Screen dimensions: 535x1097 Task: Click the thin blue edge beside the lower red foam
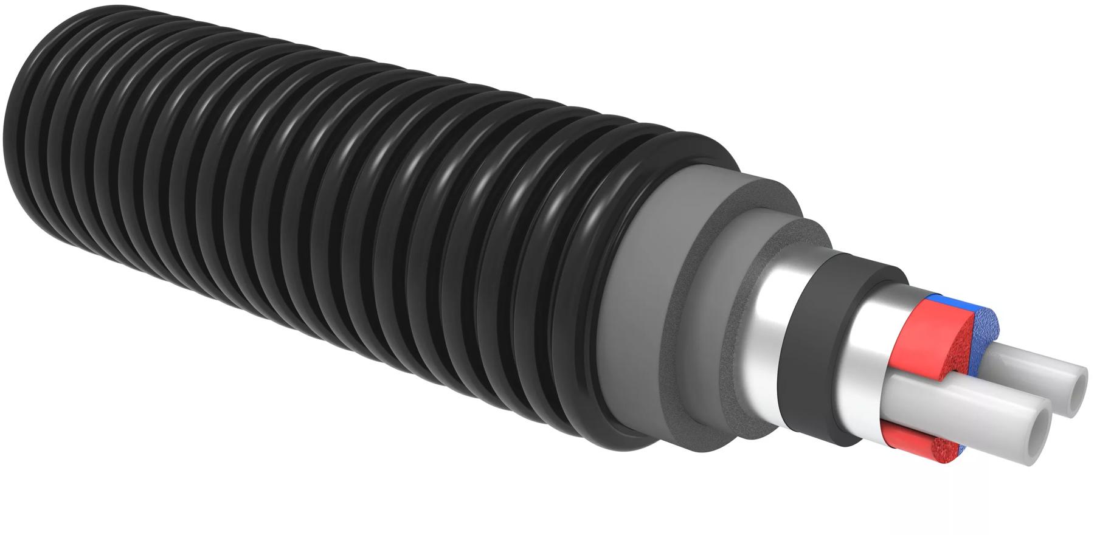961,449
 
